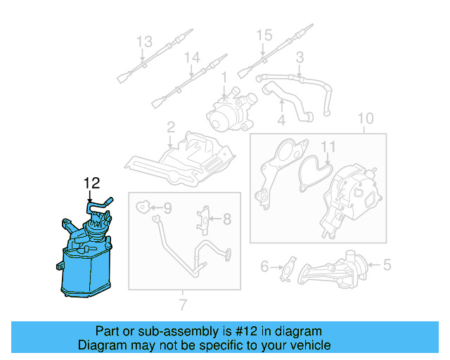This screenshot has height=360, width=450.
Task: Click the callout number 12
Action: [91, 184]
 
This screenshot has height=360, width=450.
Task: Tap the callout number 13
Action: [143, 41]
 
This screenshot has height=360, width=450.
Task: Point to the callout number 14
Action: [192, 58]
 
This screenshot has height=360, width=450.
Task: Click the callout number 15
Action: [264, 34]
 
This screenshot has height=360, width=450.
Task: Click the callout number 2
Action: [170, 127]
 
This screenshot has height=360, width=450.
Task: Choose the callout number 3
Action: [299, 57]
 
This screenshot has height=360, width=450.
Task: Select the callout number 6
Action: [264, 266]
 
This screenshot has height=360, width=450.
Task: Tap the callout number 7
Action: [184, 304]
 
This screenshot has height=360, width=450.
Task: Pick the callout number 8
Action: [227, 219]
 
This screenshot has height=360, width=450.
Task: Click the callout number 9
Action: [167, 207]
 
